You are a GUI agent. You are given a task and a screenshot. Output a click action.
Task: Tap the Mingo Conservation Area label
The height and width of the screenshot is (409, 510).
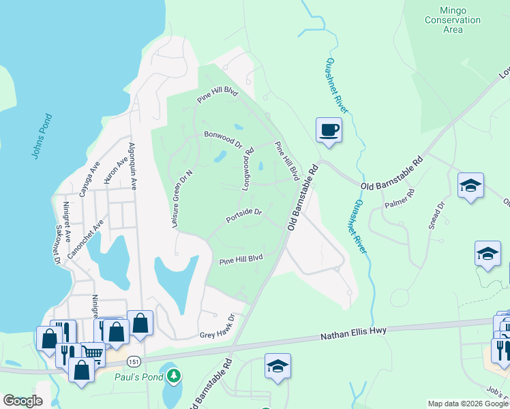pos(452,20)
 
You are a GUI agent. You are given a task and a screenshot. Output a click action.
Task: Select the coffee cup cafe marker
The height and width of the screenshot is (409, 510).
pos(329,129)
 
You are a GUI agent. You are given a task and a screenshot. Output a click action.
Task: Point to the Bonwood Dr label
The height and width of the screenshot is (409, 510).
pos(222,140)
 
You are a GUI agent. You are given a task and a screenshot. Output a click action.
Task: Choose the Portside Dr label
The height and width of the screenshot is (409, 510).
pos(244,216)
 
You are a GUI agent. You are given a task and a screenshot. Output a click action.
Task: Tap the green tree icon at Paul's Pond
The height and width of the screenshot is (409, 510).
pos(175,375)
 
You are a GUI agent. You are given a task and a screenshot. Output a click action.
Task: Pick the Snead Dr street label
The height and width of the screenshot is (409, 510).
pos(436,215)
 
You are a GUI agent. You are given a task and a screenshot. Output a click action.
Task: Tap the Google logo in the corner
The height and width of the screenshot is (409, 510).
pos(22,401)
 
